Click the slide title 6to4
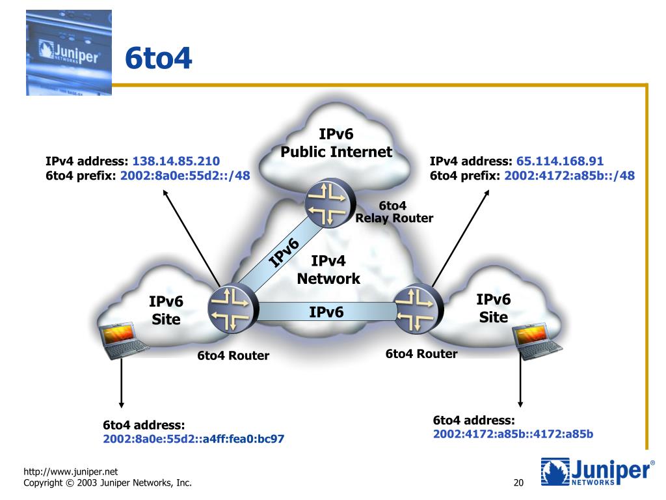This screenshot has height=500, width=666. click(158, 59)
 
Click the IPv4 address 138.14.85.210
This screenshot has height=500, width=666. click(176, 161)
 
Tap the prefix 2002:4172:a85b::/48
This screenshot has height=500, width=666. click(570, 175)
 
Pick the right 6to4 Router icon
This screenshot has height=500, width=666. click(419, 308)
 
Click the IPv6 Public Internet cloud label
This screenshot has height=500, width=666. click(336, 144)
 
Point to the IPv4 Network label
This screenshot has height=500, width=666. click(328, 270)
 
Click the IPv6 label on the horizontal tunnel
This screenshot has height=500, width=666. click(326, 312)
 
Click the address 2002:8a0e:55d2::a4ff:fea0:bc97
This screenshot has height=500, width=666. click(193, 439)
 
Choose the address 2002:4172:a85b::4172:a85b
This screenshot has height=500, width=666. click(513, 433)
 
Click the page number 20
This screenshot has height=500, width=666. click(518, 483)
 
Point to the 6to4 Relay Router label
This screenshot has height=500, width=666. click(393, 212)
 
